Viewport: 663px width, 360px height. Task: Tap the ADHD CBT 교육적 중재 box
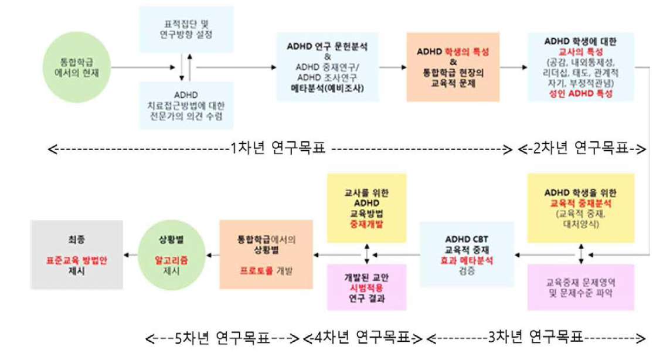(467, 253)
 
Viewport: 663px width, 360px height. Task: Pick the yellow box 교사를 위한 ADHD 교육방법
(368, 208)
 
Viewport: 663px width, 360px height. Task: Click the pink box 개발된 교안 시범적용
(368, 287)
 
